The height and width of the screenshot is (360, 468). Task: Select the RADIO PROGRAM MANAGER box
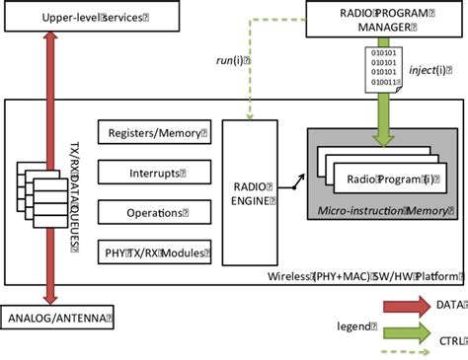383,19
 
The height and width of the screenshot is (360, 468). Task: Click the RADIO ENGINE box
248,191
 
